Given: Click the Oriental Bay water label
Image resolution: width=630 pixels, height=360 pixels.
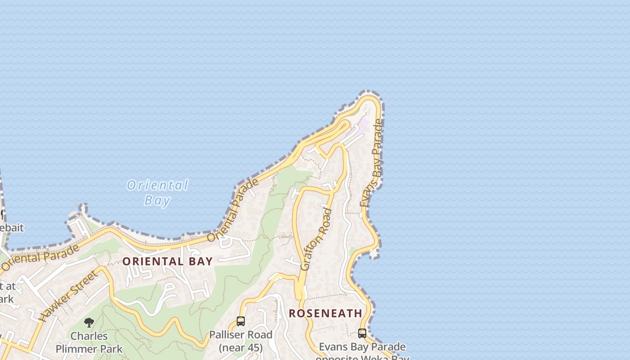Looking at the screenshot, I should point(157,192).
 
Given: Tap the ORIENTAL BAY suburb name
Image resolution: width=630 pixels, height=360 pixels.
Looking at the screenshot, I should point(167,261).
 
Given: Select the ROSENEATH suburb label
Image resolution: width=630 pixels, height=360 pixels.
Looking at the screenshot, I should point(325,313).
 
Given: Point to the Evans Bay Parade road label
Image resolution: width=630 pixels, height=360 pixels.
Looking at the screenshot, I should point(372,163).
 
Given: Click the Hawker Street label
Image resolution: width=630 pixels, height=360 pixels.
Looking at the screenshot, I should point(68,296).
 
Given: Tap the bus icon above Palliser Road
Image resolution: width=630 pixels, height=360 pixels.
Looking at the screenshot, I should point(241,321).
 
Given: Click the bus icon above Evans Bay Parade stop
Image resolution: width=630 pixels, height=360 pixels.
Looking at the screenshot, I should point(362,333).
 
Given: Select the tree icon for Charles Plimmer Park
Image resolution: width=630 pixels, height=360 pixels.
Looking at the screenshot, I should point(89,322).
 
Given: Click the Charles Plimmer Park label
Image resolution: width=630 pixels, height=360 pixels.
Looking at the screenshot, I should point(89,342).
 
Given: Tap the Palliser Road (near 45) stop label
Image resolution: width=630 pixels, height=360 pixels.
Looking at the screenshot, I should point(241,341).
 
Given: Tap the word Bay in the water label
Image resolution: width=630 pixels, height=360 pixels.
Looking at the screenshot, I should point(157,200).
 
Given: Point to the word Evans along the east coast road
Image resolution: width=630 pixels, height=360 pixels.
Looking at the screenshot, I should point(366,194).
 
